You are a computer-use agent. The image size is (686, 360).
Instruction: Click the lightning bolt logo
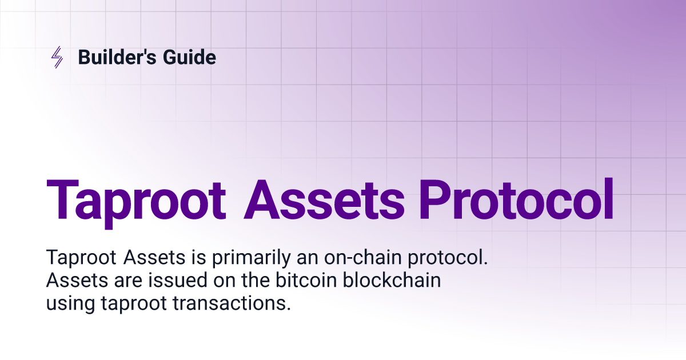click(x=57, y=57)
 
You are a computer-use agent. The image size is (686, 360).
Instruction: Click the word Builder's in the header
click(x=117, y=57)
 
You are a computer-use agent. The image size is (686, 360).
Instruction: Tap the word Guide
click(x=189, y=57)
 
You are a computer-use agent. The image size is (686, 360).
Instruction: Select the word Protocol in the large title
click(x=516, y=199)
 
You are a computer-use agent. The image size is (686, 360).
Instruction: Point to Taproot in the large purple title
click(x=136, y=203)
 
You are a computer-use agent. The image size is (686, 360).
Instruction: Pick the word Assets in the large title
click(x=324, y=200)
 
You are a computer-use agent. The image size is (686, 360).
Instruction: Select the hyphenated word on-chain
click(x=363, y=258)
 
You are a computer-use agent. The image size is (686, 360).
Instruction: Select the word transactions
click(x=232, y=303)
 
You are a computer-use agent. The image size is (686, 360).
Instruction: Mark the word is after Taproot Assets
click(x=199, y=258)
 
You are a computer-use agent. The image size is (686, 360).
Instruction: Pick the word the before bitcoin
click(x=256, y=280)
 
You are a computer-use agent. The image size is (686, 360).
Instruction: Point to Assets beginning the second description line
click(x=77, y=280)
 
